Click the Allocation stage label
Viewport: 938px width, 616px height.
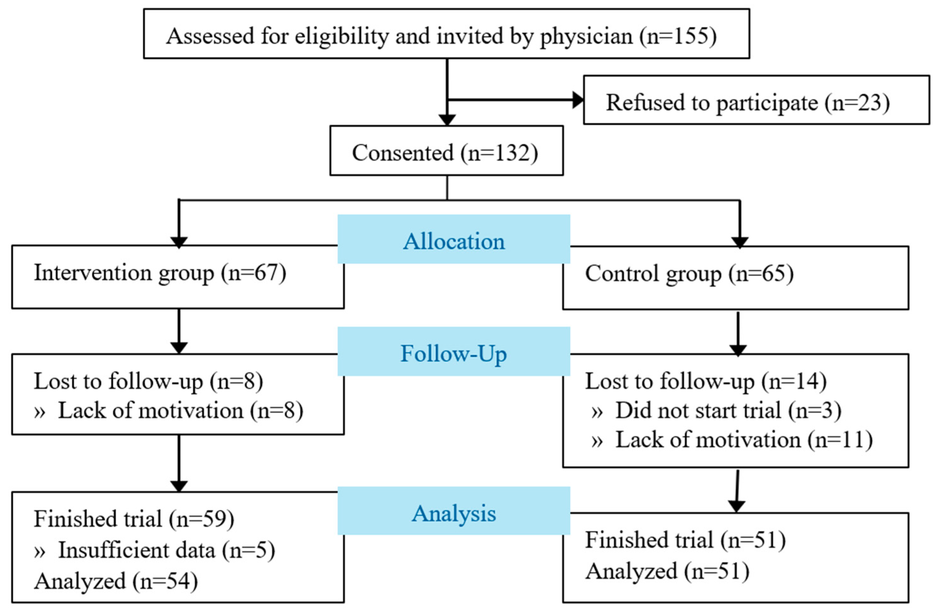coord(454,241)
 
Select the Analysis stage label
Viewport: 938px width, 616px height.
coord(454,513)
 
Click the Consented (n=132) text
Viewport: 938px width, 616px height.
coord(445,153)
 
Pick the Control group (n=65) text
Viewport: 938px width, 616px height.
coord(689,273)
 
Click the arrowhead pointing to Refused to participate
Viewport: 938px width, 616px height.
coord(578,100)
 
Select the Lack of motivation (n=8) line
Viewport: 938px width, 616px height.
coord(169,411)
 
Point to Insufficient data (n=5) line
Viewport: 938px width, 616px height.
coord(154,550)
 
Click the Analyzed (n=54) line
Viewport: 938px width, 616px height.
coord(116,581)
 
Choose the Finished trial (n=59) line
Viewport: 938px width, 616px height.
coord(134,519)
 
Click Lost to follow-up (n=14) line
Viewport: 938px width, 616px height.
coord(706,381)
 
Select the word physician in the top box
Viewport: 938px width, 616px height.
coord(586,36)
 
